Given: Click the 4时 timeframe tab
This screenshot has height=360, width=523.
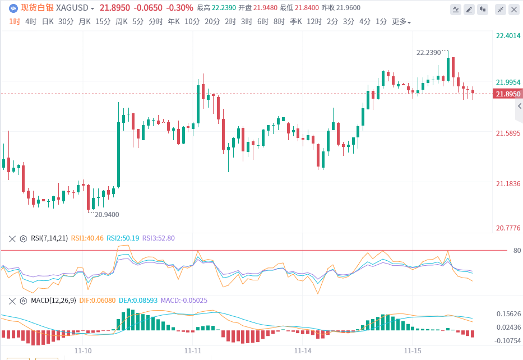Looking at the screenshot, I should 31,22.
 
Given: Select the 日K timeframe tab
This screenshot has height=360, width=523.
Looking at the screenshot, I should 48,22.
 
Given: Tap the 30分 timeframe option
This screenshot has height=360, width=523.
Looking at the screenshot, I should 66,22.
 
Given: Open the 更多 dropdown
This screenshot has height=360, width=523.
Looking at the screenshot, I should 401,22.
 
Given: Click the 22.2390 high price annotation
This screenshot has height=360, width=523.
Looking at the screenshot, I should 428,52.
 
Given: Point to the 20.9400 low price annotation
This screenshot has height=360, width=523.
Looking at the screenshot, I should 107,214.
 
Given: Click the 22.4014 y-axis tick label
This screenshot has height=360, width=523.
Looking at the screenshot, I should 508,36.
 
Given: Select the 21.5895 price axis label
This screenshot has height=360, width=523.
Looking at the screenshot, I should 508,133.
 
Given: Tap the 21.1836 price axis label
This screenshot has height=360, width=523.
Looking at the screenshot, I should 508,184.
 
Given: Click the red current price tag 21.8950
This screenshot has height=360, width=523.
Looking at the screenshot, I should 508,94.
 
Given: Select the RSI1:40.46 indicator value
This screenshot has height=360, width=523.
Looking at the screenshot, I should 87,238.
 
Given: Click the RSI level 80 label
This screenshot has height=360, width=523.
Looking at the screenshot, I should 517,251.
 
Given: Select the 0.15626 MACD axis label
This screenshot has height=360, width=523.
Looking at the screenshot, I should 508,314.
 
